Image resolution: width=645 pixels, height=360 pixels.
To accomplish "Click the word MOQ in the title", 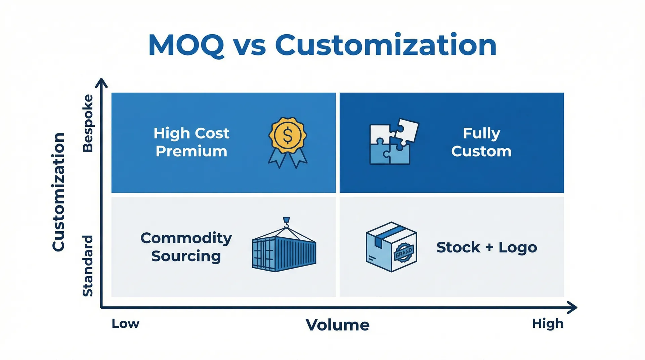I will pos(186,45).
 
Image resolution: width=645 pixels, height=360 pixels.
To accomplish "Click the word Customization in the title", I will pos(385,45).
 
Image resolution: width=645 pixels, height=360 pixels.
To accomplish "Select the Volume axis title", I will pos(337,325).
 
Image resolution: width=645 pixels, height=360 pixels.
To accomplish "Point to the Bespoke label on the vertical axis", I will pos(88,123).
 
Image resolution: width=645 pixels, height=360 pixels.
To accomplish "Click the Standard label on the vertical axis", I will pos(88,266).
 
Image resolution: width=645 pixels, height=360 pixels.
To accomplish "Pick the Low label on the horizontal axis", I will pos(125,324).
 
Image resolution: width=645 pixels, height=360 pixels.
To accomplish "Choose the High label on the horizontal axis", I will pos(548,324).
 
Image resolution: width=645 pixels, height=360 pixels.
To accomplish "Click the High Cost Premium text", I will pos(191,142).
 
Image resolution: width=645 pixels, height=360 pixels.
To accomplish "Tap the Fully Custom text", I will pos(481,142).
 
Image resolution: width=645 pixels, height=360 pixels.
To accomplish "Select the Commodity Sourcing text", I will pos(186,247).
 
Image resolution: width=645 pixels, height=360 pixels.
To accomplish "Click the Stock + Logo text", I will pos(486,247).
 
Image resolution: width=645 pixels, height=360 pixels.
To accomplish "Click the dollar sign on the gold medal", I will pos(288,135).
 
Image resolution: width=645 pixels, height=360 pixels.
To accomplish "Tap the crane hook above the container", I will pos(286,221).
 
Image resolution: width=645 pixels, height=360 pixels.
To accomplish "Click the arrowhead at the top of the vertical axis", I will pos(101,82).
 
